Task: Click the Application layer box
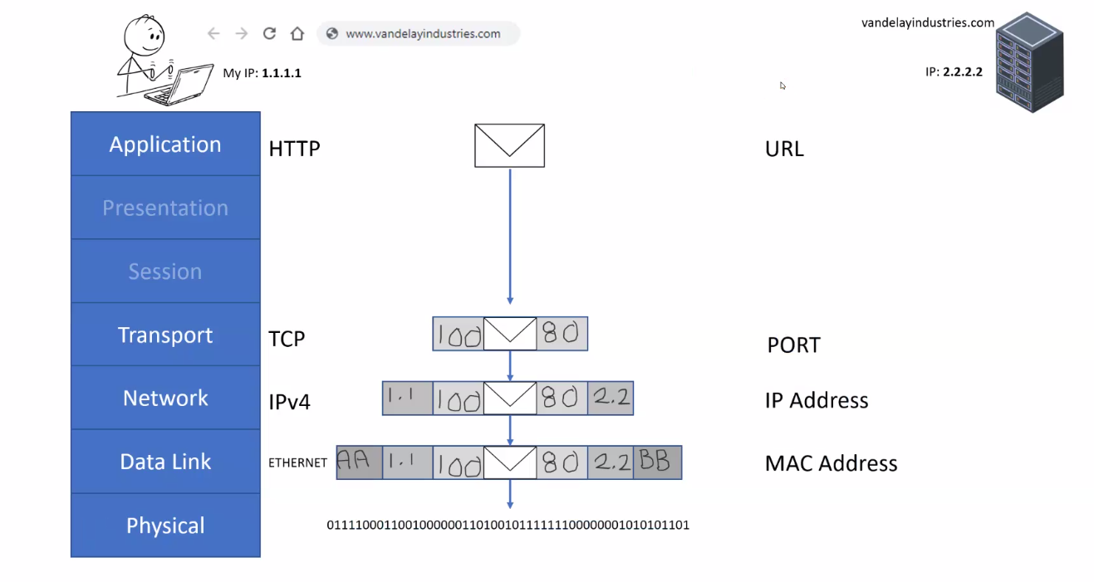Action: pyautogui.click(x=165, y=144)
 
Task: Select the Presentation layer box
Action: pyautogui.click(x=165, y=208)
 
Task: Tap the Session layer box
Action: pyautogui.click(x=165, y=271)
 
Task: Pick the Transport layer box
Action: pyautogui.click(x=165, y=335)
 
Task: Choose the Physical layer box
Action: pyautogui.click(x=165, y=526)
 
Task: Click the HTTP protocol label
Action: pyautogui.click(x=294, y=149)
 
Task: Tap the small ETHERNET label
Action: pyautogui.click(x=297, y=463)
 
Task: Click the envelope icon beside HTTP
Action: pyautogui.click(x=509, y=145)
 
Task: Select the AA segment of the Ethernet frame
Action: pyautogui.click(x=359, y=462)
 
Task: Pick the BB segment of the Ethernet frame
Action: pyautogui.click(x=657, y=462)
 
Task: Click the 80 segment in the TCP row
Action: pyautogui.click(x=562, y=334)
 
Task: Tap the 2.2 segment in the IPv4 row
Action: pyautogui.click(x=611, y=399)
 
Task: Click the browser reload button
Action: pyautogui.click(x=269, y=34)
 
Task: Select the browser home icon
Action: pyautogui.click(x=297, y=34)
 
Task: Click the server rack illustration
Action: pyautogui.click(x=1029, y=61)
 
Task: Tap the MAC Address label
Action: pyautogui.click(x=831, y=463)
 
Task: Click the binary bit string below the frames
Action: pyautogui.click(x=508, y=525)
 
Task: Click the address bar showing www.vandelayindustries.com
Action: pyautogui.click(x=419, y=34)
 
